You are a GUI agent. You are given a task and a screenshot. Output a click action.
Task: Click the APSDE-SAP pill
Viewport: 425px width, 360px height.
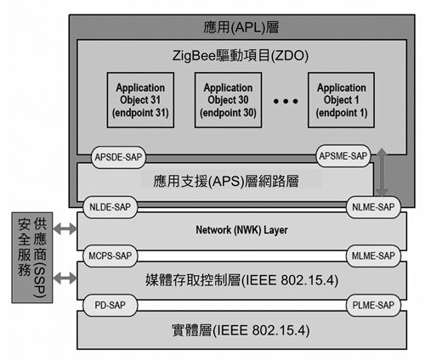tap(118, 157)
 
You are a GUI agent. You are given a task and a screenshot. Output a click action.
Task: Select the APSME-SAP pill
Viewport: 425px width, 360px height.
tap(343, 155)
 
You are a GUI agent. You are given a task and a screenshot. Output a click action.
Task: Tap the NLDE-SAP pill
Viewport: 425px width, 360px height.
tap(110, 207)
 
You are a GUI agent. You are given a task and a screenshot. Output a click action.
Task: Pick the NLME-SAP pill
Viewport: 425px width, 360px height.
tap(373, 207)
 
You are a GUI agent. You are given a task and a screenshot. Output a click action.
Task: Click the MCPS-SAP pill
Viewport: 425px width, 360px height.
tap(110, 256)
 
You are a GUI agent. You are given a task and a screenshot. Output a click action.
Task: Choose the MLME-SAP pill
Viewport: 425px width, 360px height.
tap(373, 256)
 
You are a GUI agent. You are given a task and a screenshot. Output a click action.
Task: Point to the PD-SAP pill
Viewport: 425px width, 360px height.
tap(110, 305)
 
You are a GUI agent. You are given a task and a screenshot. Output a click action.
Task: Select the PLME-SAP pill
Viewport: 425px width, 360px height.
tap(373, 305)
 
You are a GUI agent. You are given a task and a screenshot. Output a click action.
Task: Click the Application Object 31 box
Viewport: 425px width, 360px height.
tap(140, 100)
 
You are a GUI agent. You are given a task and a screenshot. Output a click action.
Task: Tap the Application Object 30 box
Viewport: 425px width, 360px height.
tap(228, 100)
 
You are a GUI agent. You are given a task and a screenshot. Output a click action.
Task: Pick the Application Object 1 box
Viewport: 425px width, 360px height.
tap(342, 100)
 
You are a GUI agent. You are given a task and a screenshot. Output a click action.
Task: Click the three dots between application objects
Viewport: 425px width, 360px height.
tap(286, 101)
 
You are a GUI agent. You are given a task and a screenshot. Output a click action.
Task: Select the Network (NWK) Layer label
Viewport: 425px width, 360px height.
tap(241, 230)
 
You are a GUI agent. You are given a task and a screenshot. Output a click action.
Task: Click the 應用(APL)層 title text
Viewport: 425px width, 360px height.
tap(241, 27)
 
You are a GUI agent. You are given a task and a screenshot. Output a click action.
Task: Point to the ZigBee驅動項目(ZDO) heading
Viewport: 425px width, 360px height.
tap(241, 55)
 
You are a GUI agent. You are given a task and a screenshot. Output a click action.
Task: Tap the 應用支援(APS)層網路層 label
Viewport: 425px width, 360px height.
tap(226, 181)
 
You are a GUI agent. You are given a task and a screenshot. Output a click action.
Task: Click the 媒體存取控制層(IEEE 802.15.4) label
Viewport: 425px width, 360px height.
tap(241, 280)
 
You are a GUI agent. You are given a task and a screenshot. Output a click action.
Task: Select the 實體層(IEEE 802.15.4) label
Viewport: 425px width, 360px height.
tap(241, 330)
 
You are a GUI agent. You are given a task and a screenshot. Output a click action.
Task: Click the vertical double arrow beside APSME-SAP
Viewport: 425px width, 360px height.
tap(382, 172)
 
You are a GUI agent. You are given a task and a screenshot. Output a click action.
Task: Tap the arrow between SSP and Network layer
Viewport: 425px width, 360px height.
tap(65, 228)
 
